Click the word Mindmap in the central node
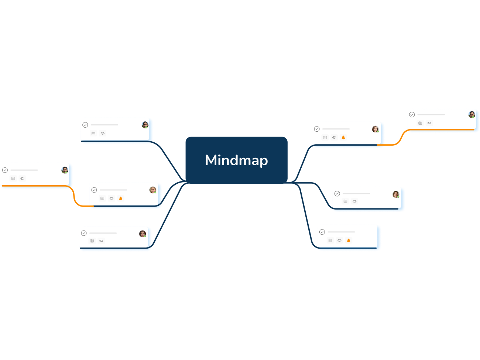pyautogui.click(x=236, y=160)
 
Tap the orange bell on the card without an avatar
pyautogui.click(x=349, y=240)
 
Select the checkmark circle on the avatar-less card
pyautogui.click(x=322, y=232)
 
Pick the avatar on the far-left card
pyautogui.click(x=65, y=170)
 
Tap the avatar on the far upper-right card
pyautogui.click(x=472, y=115)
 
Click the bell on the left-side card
pyautogui.click(x=120, y=198)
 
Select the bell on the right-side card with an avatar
pyautogui.click(x=343, y=138)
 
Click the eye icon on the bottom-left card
pyautogui.click(x=101, y=241)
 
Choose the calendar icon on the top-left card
pyautogui.click(x=93, y=134)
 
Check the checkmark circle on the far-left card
pyautogui.click(x=5, y=170)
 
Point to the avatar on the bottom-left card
pyautogui.click(x=143, y=234)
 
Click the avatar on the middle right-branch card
pyautogui.click(x=396, y=194)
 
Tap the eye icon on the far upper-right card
pyautogui.click(x=429, y=123)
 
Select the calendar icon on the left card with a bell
pyautogui.click(x=102, y=198)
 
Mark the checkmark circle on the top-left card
pyautogui.click(x=85, y=125)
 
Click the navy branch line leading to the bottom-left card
pyautogui.click(x=166, y=218)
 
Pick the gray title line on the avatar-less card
pyautogui.click(x=341, y=232)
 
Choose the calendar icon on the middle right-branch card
pyautogui.click(x=345, y=201)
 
